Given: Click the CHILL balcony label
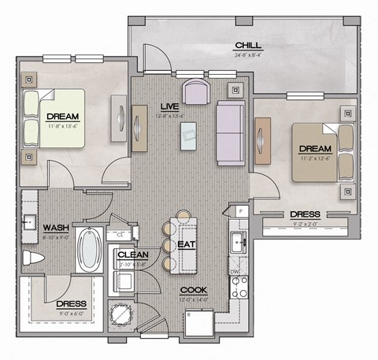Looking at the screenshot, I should point(247,45).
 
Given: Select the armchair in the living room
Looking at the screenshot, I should point(195,91).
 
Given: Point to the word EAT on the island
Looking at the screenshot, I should point(187,244).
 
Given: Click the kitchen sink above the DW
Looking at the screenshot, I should point(238,241).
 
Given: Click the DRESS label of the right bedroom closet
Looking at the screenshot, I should point(304,213).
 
